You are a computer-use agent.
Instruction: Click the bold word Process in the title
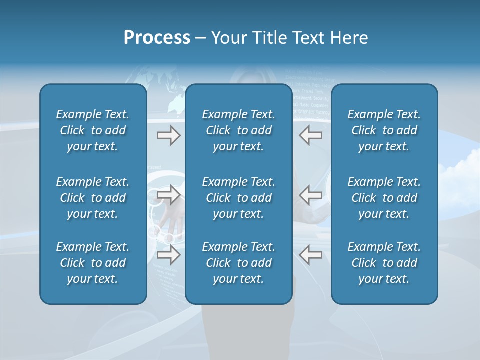tap(157, 38)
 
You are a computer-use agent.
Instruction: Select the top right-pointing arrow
tap(168, 135)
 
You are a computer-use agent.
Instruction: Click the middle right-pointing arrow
tap(168, 195)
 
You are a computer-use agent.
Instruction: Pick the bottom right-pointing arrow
tap(168, 255)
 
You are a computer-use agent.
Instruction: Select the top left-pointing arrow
tap(310, 135)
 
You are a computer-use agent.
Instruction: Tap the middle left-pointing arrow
tap(310, 195)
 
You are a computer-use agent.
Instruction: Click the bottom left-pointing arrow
tap(310, 255)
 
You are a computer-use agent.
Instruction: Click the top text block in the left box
tap(93, 130)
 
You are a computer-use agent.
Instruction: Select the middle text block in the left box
tap(93, 198)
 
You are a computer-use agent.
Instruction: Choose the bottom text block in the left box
tap(93, 263)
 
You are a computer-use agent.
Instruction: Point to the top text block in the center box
tap(238, 130)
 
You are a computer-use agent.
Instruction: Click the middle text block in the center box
tap(238, 198)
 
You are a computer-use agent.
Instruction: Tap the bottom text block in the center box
tap(238, 263)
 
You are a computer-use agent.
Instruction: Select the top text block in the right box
tap(384, 130)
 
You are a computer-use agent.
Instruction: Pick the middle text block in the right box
tap(384, 198)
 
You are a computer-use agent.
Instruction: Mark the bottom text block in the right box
tap(384, 263)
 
